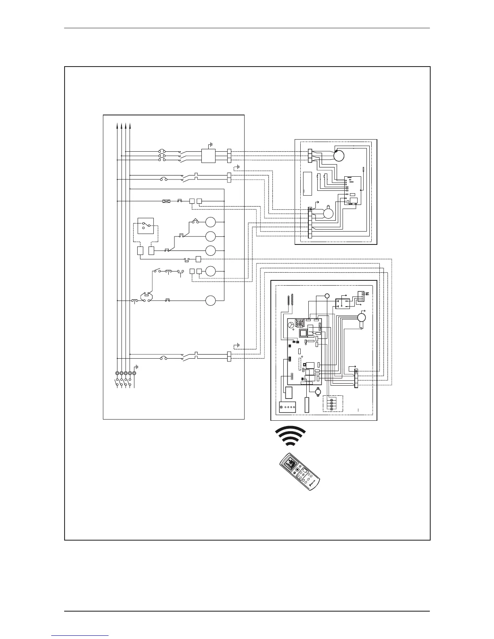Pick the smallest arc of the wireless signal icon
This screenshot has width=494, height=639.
(290, 443)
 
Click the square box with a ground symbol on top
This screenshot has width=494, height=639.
(208, 156)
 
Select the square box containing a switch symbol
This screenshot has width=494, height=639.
(145, 226)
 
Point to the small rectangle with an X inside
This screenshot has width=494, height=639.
(165, 201)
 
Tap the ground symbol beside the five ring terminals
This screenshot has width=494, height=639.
(137, 367)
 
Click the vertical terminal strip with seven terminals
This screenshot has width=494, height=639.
(310, 223)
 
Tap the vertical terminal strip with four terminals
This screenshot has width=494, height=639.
(356, 378)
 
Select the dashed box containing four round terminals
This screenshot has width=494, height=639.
(333, 403)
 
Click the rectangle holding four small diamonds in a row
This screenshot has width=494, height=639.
(288, 407)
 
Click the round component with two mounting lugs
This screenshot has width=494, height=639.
(318, 391)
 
